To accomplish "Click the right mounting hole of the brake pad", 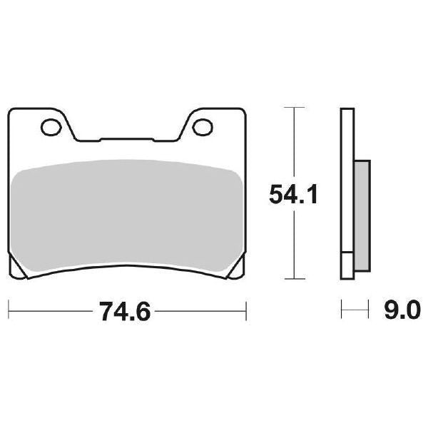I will [203, 127].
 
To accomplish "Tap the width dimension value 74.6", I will [126, 311].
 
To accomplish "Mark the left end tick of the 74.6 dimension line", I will [8, 311].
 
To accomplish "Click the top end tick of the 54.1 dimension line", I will [290, 108].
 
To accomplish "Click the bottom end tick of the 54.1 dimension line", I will [290, 279].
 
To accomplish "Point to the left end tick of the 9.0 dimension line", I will [342, 311].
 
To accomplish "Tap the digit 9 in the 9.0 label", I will [391, 311].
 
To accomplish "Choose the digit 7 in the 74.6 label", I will [104, 311].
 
